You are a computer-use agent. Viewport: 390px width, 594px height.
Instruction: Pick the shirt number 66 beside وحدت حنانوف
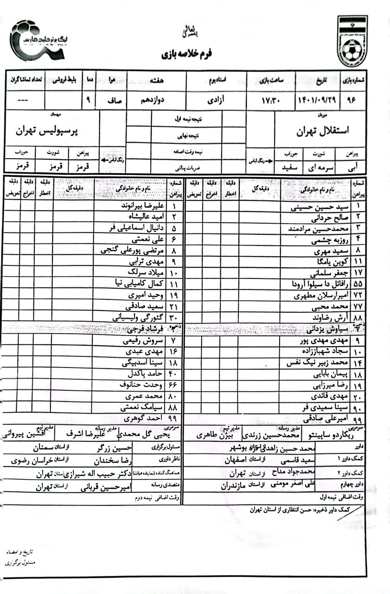174,387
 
